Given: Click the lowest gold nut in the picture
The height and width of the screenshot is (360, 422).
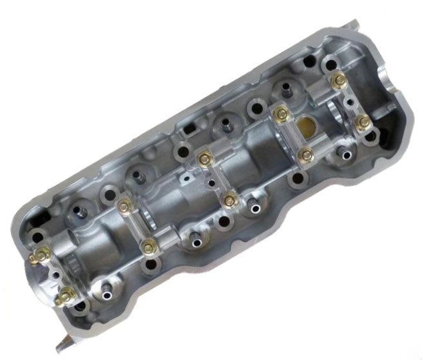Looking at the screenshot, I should pos(64,296).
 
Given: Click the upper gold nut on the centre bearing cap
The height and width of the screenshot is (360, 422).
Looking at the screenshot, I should pos(205,155).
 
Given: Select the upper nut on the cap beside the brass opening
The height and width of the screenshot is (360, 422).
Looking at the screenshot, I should pos(280,115).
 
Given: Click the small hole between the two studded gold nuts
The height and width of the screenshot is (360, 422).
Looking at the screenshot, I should pos(54,274).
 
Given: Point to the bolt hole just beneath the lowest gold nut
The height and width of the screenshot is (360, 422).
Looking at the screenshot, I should pos(79,307).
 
